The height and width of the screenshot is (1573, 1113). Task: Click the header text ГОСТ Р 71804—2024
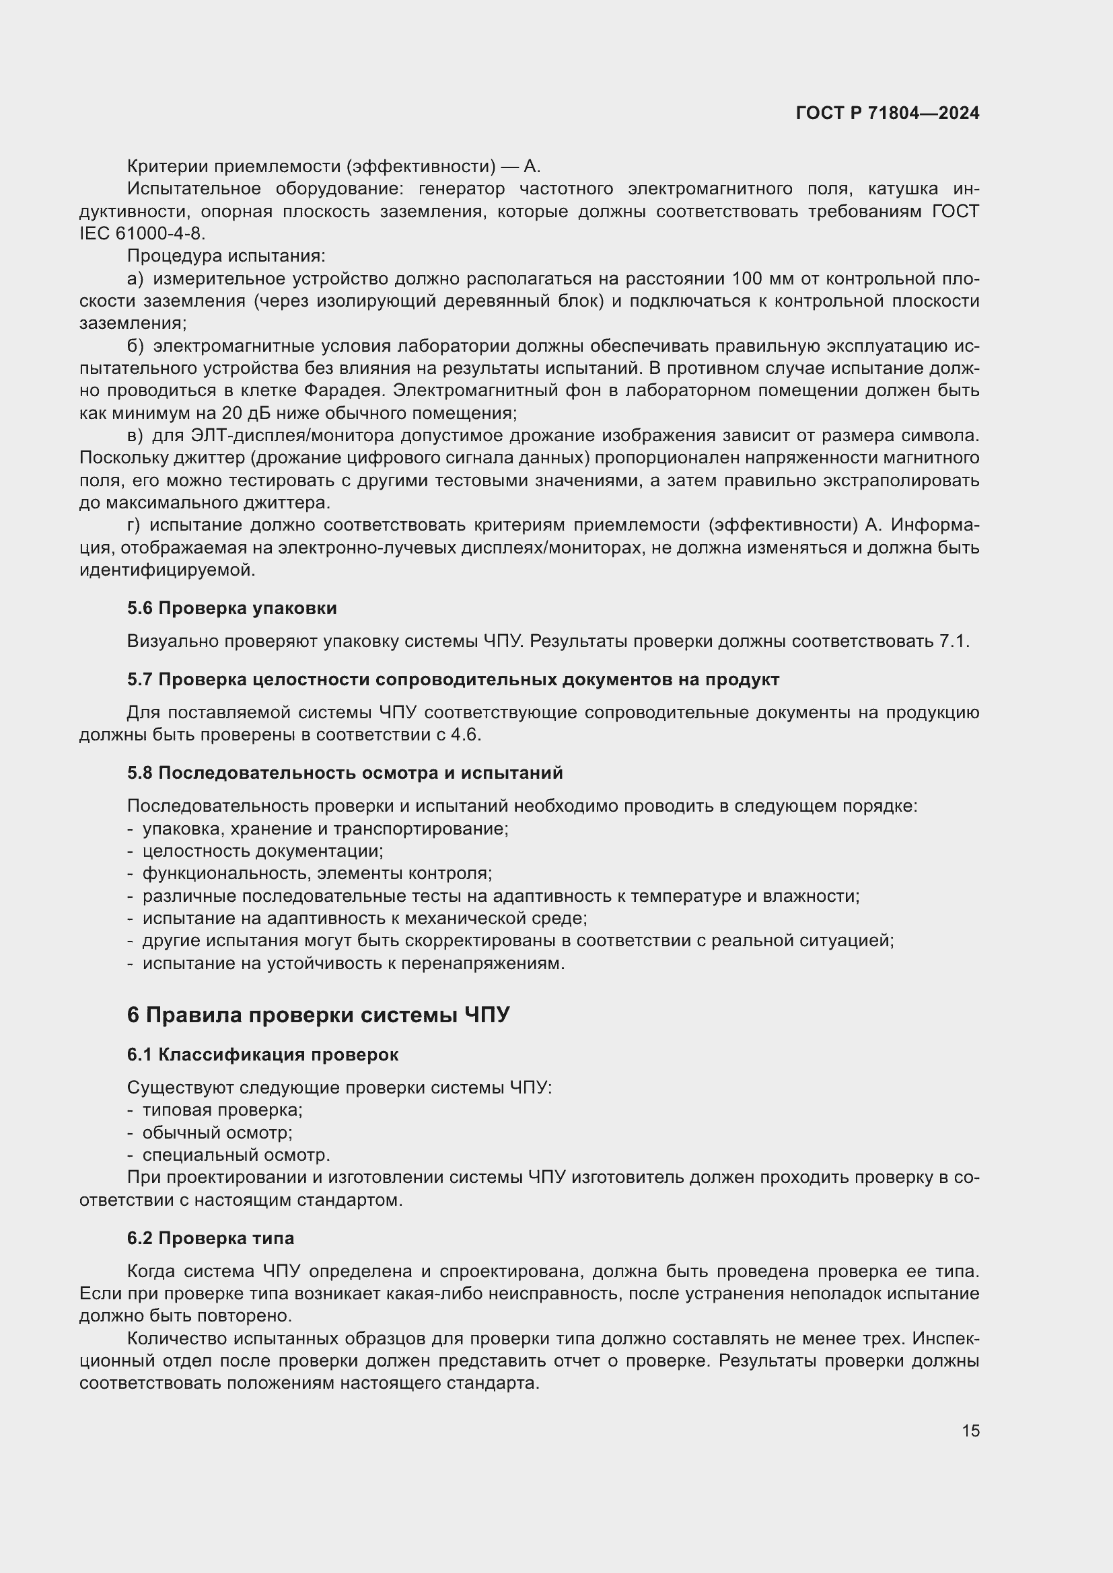(x=887, y=114)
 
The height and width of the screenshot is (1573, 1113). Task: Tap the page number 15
(x=970, y=1431)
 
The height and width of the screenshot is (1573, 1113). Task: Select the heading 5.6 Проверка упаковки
(x=231, y=609)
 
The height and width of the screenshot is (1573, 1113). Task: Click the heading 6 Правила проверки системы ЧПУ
(x=318, y=1015)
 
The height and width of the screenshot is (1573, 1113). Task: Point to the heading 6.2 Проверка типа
(x=211, y=1238)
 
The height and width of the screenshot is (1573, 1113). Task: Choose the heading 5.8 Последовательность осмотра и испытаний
(x=345, y=773)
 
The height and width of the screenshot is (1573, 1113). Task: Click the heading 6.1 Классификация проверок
(x=262, y=1054)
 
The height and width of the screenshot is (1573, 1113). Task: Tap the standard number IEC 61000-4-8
(x=142, y=233)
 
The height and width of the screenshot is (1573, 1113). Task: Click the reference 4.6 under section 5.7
(x=465, y=735)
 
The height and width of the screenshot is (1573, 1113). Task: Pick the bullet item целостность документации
(x=262, y=851)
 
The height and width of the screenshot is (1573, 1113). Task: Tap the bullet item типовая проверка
(x=222, y=1110)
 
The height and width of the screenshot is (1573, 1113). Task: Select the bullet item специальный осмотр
(x=236, y=1155)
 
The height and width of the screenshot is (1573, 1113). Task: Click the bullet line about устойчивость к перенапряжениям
(x=353, y=963)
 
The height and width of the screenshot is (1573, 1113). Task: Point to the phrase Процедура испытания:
(x=226, y=256)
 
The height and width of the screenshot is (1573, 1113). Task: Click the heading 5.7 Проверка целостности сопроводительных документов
(x=452, y=680)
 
